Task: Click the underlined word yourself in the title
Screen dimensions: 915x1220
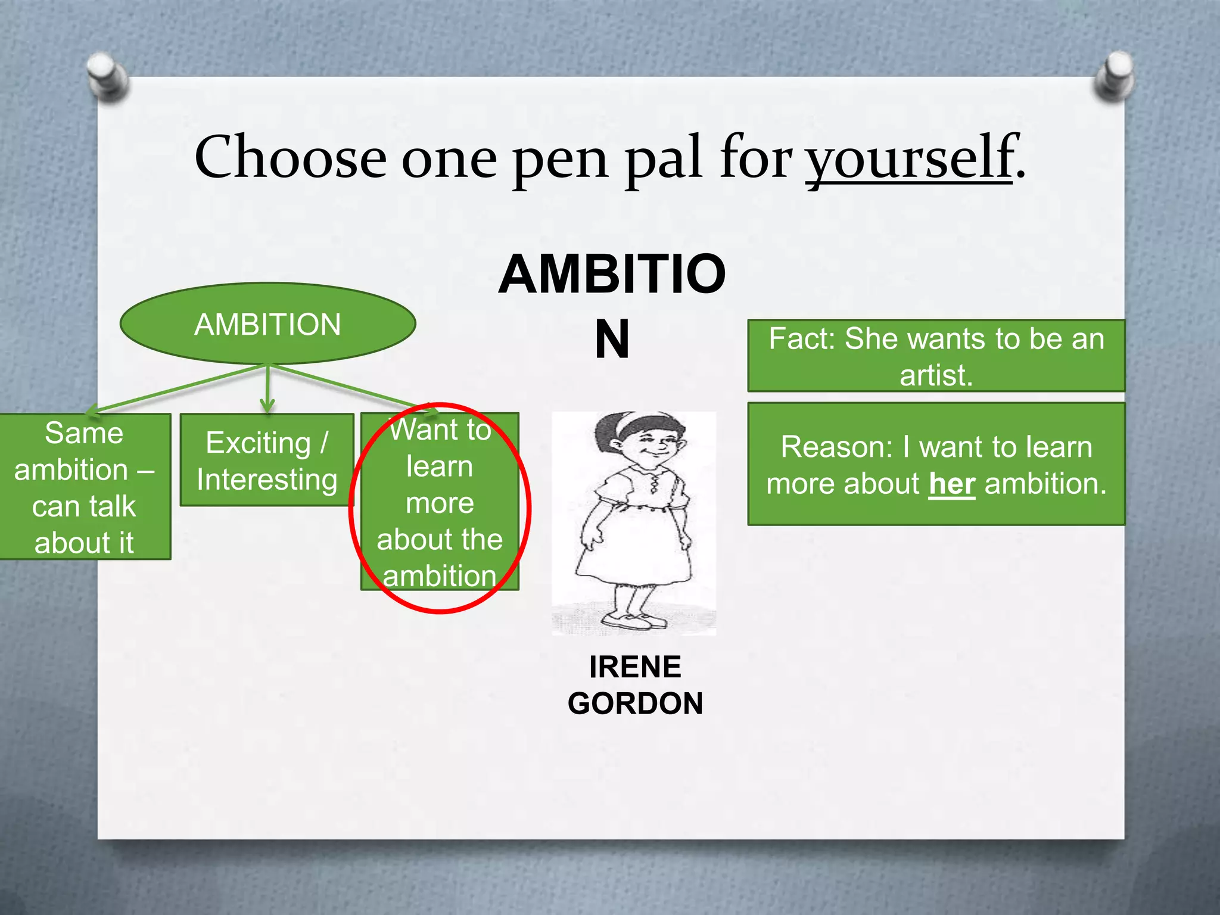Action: (x=909, y=158)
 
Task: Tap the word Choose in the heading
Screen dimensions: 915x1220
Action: (x=290, y=158)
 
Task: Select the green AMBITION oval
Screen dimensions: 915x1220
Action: (x=267, y=324)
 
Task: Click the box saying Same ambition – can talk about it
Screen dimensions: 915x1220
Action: (x=84, y=487)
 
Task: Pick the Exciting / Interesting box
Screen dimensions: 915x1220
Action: (x=267, y=460)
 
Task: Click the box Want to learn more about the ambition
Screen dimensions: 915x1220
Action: (x=440, y=502)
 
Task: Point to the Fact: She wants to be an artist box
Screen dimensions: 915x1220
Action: (x=936, y=356)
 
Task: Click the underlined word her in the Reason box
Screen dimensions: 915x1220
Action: (x=952, y=484)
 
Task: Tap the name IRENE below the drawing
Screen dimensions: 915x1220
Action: (x=635, y=667)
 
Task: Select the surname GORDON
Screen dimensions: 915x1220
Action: (x=635, y=704)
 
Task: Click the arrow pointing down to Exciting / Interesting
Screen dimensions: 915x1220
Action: (x=267, y=390)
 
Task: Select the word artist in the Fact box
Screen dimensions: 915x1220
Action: (x=935, y=375)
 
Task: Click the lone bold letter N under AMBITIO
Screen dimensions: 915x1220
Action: (x=612, y=340)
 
